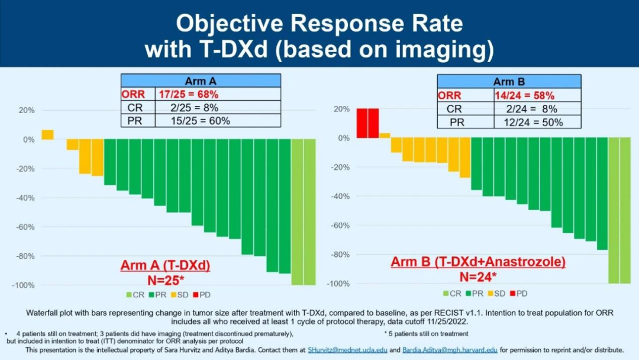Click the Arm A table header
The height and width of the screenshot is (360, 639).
[201, 81]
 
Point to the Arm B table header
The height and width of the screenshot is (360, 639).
[509, 82]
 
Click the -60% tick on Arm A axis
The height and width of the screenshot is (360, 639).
[24, 227]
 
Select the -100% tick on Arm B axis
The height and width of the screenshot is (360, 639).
[339, 284]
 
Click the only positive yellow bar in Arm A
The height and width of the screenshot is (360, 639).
[47, 135]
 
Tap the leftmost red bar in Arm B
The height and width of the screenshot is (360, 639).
[362, 123]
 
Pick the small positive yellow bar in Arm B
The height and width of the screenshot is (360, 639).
[385, 136]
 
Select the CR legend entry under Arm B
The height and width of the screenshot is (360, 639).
[453, 293]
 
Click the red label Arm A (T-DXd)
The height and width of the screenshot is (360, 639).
[165, 266]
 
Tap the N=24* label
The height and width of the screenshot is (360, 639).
[478, 276]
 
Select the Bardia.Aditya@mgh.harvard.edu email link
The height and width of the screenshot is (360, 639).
[450, 350]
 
